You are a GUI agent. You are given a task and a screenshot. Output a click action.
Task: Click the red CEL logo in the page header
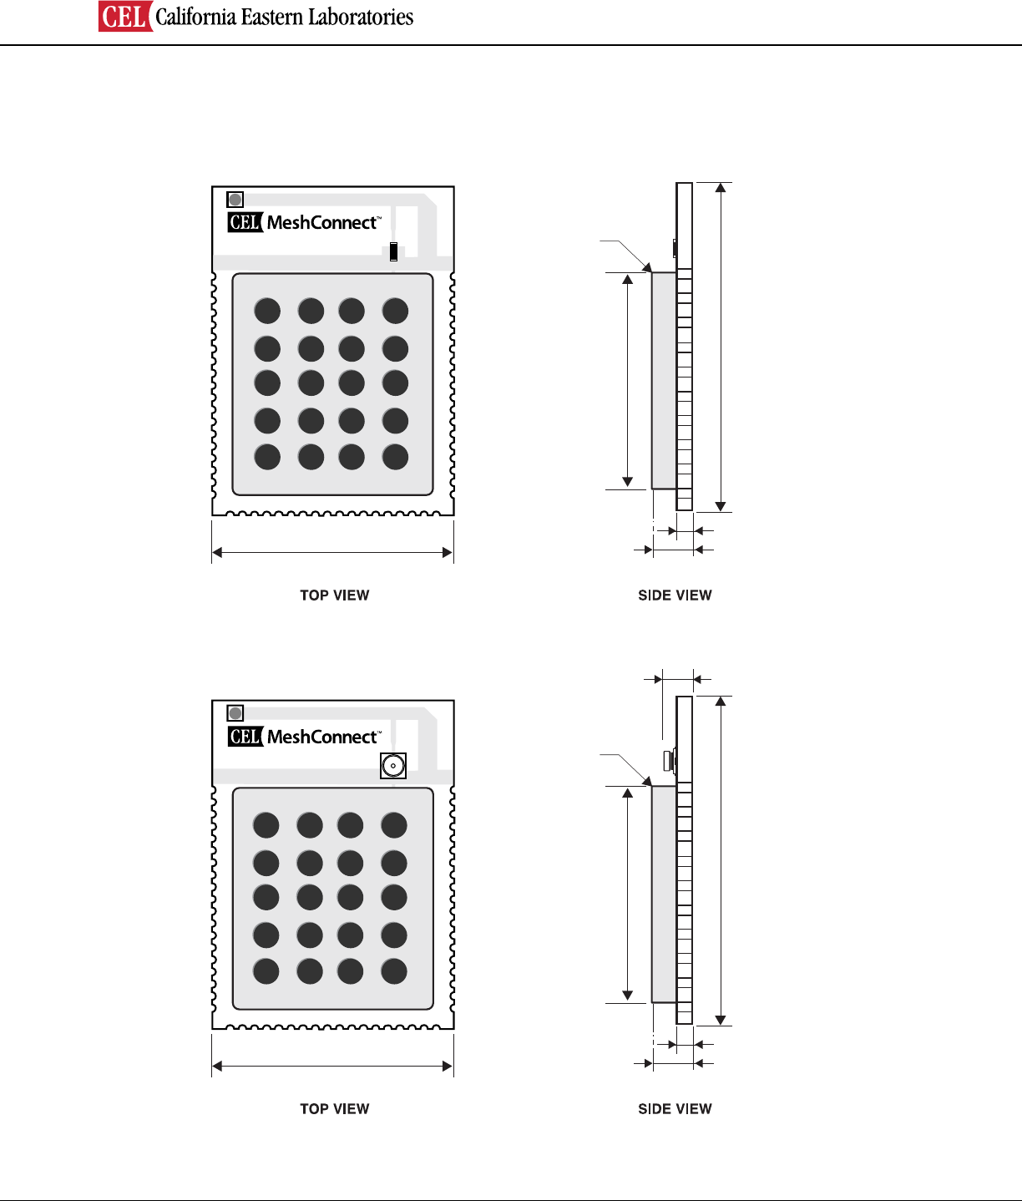click(x=125, y=17)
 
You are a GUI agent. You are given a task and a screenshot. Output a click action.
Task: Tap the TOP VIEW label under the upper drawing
click(x=334, y=595)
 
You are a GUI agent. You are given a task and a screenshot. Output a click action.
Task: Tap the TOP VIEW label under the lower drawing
click(x=334, y=1109)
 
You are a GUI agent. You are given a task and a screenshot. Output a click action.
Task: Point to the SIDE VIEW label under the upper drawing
click(x=675, y=595)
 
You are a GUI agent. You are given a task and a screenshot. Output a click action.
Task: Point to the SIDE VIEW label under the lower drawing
click(x=675, y=1109)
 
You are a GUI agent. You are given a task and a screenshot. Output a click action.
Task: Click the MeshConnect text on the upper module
click(x=322, y=223)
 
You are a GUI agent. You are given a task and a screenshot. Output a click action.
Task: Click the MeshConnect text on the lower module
click(x=322, y=737)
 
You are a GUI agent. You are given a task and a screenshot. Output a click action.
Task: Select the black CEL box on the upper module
click(x=245, y=222)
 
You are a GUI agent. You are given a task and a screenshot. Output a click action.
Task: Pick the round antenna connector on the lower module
click(x=392, y=765)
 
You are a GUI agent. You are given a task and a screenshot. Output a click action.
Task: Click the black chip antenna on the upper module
click(x=393, y=251)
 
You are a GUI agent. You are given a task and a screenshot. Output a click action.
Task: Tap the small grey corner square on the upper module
click(x=235, y=200)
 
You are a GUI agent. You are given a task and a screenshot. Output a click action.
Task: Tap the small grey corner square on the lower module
click(x=235, y=713)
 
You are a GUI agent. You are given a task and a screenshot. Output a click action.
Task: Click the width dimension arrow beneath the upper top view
click(x=332, y=552)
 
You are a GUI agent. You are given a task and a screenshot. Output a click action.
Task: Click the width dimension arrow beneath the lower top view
click(x=332, y=1066)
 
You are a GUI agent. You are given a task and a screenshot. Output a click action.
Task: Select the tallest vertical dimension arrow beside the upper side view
click(x=721, y=347)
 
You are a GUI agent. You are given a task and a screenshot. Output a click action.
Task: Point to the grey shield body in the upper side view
click(x=664, y=380)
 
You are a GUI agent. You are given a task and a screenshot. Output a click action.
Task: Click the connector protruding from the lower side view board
click(x=668, y=761)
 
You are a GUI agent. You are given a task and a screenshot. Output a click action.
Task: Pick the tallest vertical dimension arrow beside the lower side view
click(x=721, y=860)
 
